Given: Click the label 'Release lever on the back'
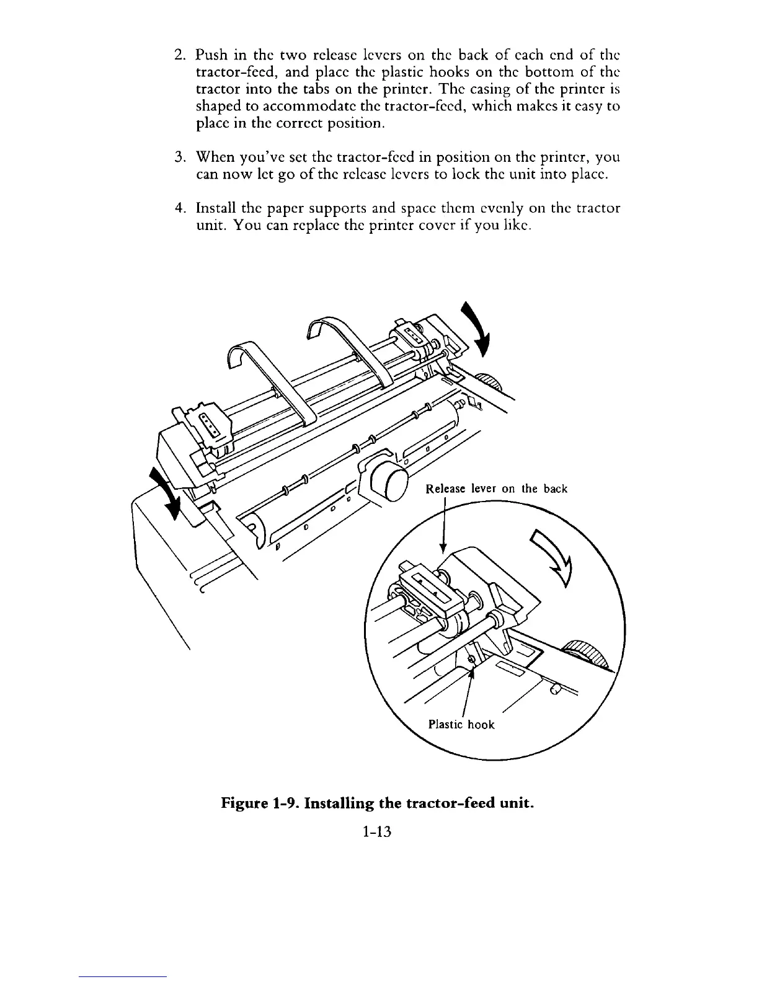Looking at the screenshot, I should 497,489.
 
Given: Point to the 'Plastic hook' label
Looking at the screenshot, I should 461,724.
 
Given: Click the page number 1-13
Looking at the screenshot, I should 378,832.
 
